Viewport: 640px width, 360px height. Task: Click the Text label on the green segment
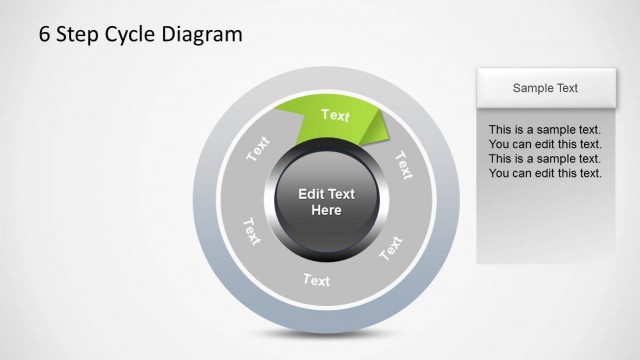335,115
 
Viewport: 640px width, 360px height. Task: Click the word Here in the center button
326,210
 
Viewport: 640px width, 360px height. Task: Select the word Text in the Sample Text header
566,88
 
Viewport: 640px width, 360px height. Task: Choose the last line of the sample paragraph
544,173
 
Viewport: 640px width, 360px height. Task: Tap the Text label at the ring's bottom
316,280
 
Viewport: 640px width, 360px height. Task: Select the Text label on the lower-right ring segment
391,247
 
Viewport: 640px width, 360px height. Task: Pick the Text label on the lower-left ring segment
250,231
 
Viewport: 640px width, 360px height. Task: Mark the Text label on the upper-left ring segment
258,149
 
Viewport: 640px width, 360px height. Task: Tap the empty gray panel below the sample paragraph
544,225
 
